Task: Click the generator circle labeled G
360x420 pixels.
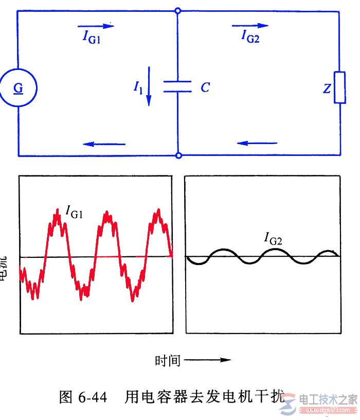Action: tap(19, 88)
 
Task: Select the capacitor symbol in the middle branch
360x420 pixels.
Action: tap(177, 87)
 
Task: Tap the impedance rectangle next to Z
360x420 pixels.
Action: tap(339, 88)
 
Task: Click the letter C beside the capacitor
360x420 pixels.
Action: tap(205, 88)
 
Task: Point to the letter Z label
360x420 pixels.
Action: tap(327, 89)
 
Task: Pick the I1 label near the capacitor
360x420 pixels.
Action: tap(138, 89)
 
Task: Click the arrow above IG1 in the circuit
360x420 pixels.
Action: tap(96, 25)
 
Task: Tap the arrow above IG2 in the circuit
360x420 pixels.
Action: tap(250, 25)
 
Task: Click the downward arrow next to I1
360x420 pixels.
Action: tap(150, 85)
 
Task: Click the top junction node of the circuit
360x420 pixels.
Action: tap(178, 11)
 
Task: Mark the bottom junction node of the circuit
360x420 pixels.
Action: tap(178, 155)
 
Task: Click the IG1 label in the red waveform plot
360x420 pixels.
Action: tap(75, 211)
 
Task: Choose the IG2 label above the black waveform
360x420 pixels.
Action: tap(274, 238)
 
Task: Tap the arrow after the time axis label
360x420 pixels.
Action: tap(207, 360)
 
